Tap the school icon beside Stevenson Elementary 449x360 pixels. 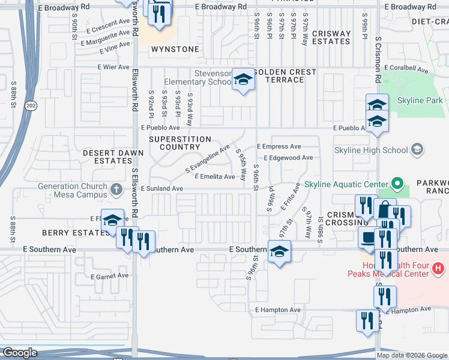pos(243,79)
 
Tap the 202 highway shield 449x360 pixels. pos(29,105)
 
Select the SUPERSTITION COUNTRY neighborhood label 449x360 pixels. pos(180,143)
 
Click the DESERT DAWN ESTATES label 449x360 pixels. pos(113,157)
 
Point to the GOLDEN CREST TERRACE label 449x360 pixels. pos(285,76)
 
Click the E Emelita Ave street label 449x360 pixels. pos(214,176)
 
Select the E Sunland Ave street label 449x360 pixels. pos(161,188)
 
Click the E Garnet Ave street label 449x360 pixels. pos(110,276)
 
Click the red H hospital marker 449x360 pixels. pos(439,268)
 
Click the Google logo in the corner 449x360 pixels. pos(20,353)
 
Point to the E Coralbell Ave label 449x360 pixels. pos(408,70)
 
